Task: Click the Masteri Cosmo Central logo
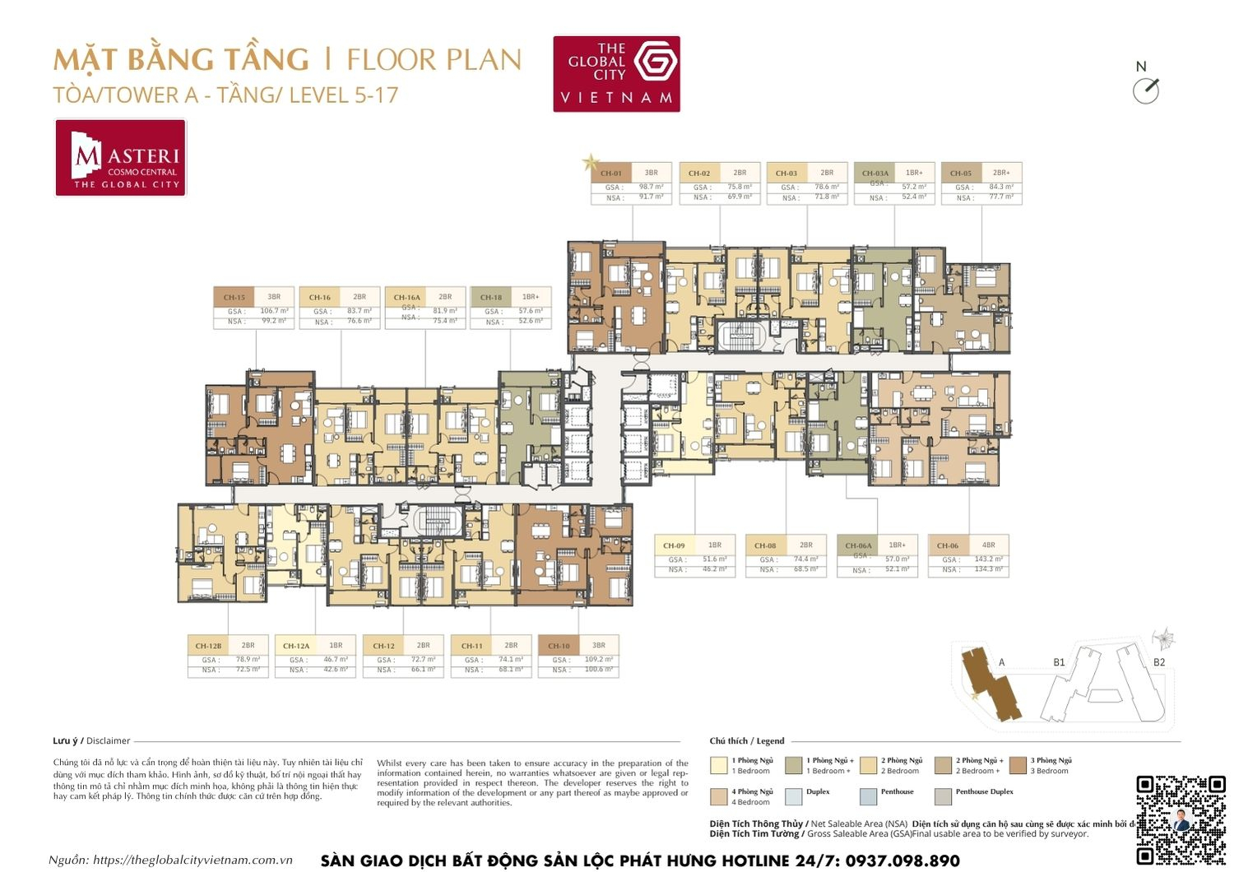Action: click(121, 158)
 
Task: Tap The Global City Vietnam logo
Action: click(616, 73)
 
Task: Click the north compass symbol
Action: click(1145, 90)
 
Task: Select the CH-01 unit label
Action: click(611, 174)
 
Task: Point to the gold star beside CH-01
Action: click(590, 163)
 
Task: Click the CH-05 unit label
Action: click(961, 174)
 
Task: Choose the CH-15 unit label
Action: click(234, 298)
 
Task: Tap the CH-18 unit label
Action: click(491, 298)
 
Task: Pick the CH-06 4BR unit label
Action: click(948, 545)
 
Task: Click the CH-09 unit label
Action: click(675, 545)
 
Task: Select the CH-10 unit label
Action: click(559, 646)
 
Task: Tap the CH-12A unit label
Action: click(296, 646)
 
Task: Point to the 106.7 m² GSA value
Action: click(274, 311)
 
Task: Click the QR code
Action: click(1181, 819)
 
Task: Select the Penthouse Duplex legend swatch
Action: click(943, 796)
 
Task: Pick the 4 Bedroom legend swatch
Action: click(718, 796)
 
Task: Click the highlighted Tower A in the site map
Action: click(991, 684)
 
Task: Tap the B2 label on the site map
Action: click(1158, 662)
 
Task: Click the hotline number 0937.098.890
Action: click(902, 860)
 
